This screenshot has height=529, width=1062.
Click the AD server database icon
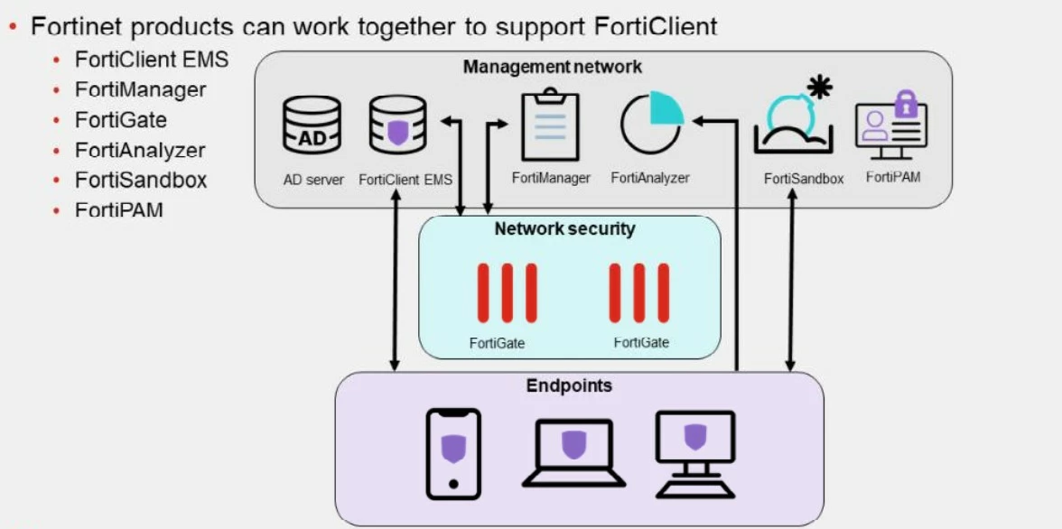[312, 125]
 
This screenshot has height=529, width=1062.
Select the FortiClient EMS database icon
[398, 125]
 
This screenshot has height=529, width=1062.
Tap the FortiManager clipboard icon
[551, 124]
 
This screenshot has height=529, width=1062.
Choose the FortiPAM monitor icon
[890, 126]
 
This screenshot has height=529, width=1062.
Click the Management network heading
[553, 67]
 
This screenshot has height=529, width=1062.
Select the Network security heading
[565, 229]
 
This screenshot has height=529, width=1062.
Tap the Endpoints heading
[570, 386]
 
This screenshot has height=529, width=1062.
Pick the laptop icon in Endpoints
[573, 453]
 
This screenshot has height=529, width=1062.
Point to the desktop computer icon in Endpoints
[695, 454]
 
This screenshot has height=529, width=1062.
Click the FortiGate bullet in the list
[121, 120]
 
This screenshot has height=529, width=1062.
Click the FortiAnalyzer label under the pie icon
[650, 178]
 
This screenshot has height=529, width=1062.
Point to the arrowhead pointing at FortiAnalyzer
[698, 121]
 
